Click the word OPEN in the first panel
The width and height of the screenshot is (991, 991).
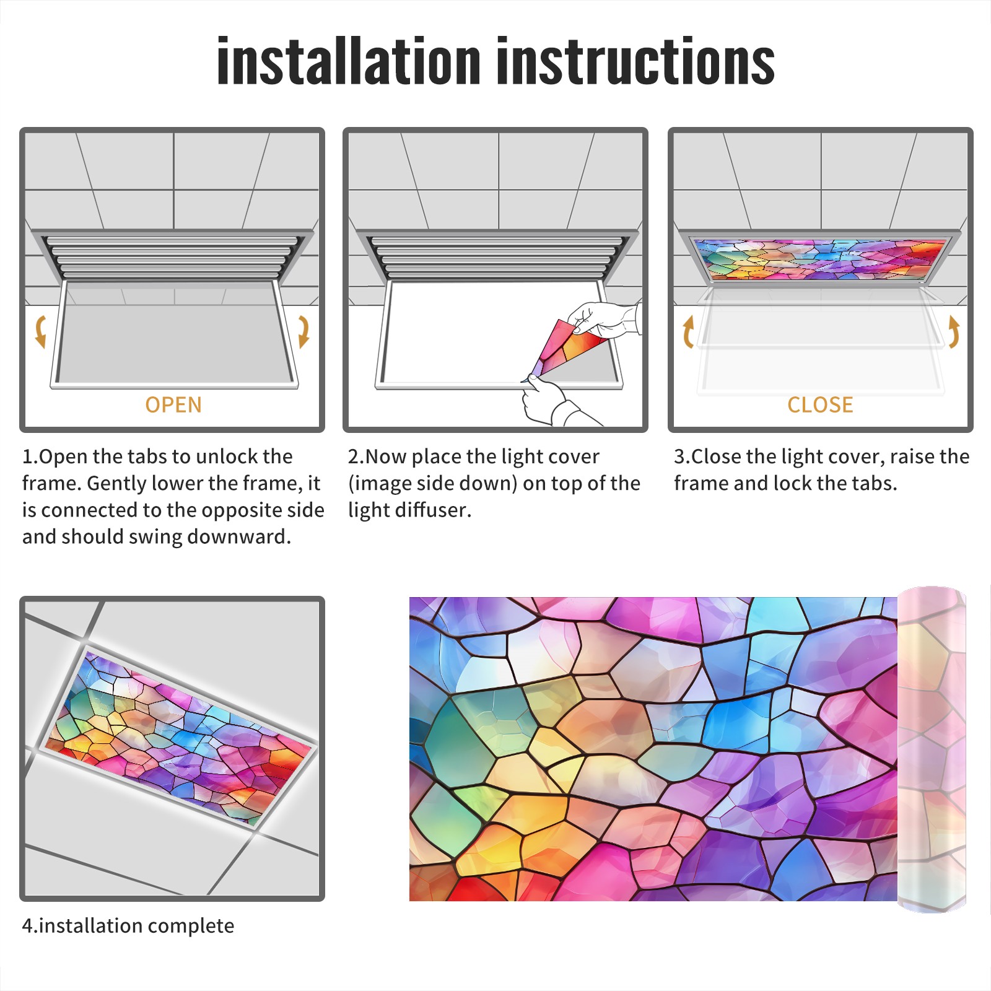click(173, 405)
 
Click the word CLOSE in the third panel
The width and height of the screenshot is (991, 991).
click(820, 405)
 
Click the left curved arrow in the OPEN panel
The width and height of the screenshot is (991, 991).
click(40, 331)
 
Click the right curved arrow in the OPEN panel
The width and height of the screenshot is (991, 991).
click(303, 331)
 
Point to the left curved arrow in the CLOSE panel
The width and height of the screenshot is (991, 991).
click(688, 331)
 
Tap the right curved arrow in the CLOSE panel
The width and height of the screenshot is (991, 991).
click(954, 331)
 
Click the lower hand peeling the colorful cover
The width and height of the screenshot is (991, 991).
click(551, 403)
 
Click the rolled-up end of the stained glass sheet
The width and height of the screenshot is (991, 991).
click(932, 749)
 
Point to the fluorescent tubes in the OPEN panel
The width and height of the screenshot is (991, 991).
click(173, 257)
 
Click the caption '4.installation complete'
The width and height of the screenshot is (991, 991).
click(128, 926)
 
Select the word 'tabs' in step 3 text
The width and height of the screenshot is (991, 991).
click(873, 483)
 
